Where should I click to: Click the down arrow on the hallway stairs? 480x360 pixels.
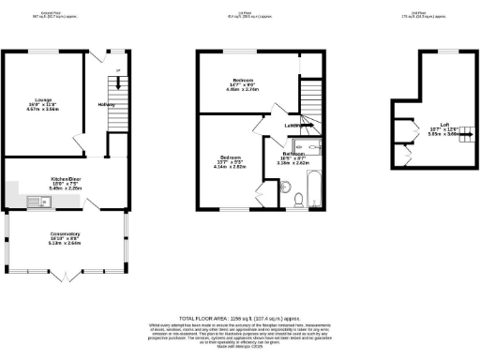click(117, 83)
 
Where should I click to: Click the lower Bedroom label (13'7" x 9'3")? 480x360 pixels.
click(232, 162)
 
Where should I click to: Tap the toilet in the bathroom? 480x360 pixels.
click(296, 200)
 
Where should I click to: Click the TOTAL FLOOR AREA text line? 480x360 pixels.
click(240, 319)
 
